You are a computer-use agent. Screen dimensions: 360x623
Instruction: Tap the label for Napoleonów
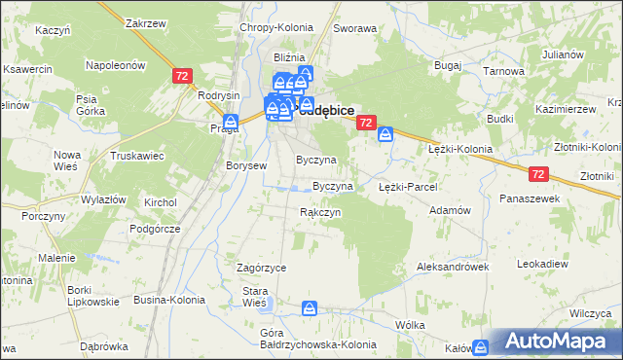pyautogui.click(x=116, y=64)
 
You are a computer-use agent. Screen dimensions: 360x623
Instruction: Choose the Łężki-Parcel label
pyautogui.click(x=408, y=186)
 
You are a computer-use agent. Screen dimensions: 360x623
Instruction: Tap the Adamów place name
pyautogui.click(x=451, y=210)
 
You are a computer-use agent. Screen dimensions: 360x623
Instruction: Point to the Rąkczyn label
pyautogui.click(x=319, y=211)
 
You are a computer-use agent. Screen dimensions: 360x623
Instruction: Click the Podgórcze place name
pyautogui.click(x=156, y=228)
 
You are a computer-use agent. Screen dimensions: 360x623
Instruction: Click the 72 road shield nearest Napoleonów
pyautogui.click(x=181, y=75)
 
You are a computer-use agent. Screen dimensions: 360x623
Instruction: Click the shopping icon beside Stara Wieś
pyautogui.click(x=309, y=309)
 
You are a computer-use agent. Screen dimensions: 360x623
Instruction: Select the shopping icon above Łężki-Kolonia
pyautogui.click(x=385, y=134)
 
